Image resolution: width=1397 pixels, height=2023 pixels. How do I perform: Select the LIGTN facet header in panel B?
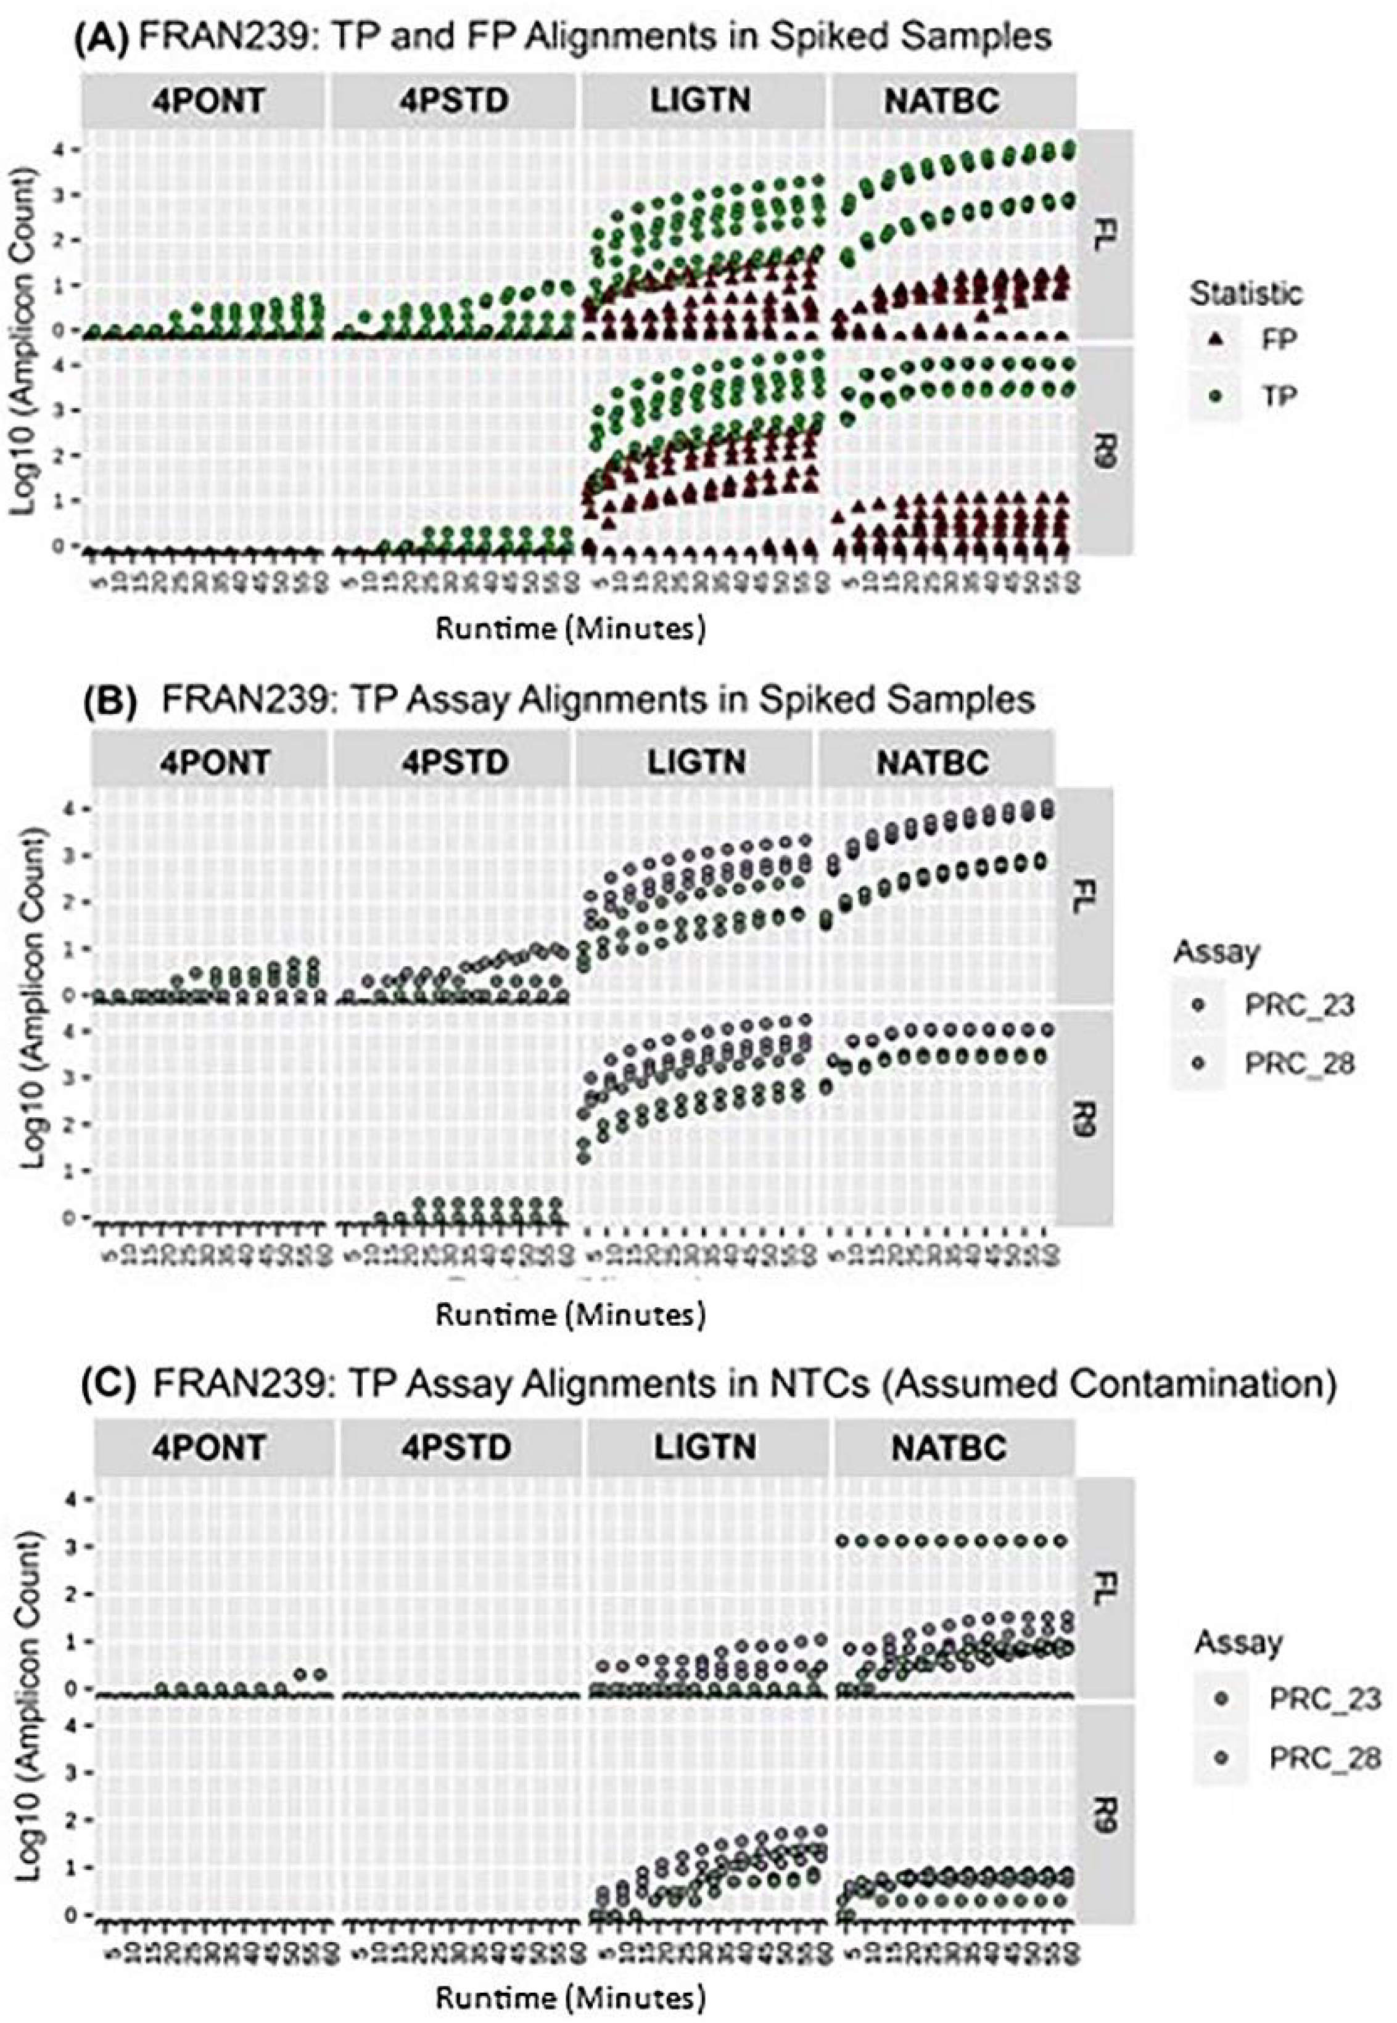click(x=697, y=761)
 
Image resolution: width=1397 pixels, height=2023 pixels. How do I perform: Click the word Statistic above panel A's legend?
click(x=1245, y=294)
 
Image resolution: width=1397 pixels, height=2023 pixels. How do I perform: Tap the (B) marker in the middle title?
click(x=117, y=700)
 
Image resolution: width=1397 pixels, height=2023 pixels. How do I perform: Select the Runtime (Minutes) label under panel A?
click(x=570, y=628)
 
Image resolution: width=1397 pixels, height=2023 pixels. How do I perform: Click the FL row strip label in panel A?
click(x=1105, y=234)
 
